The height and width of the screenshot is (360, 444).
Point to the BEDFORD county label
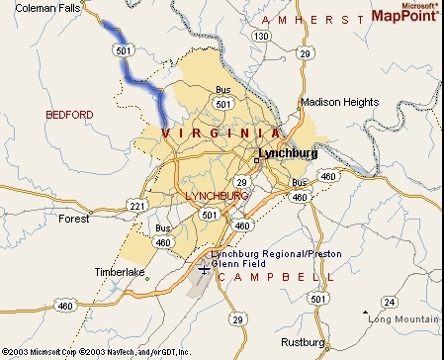pos(69,116)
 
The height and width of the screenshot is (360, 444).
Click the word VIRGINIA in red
pos(220,133)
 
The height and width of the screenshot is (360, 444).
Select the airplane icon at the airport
pos(203,269)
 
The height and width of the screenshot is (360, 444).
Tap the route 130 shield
pos(259,35)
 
